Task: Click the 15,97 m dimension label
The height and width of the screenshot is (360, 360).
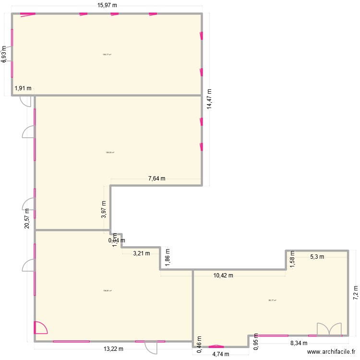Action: pyautogui.click(x=108, y=5)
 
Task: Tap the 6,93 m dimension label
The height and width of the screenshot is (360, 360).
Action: pyautogui.click(x=4, y=54)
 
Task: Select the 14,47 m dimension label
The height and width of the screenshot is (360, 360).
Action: pyautogui.click(x=209, y=99)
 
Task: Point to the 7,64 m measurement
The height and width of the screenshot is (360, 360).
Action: pyautogui.click(x=156, y=179)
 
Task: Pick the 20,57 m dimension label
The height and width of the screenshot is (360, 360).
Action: pyautogui.click(x=27, y=218)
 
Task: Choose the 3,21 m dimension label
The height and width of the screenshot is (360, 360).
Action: pyautogui.click(x=141, y=253)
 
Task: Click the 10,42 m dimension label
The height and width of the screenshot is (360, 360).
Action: pyautogui.click(x=223, y=276)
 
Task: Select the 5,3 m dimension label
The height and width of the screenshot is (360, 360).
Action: pyautogui.click(x=317, y=257)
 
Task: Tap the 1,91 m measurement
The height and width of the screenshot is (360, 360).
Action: pyautogui.click(x=23, y=88)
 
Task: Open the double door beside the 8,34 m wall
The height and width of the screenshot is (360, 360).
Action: pyautogui.click(x=329, y=329)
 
